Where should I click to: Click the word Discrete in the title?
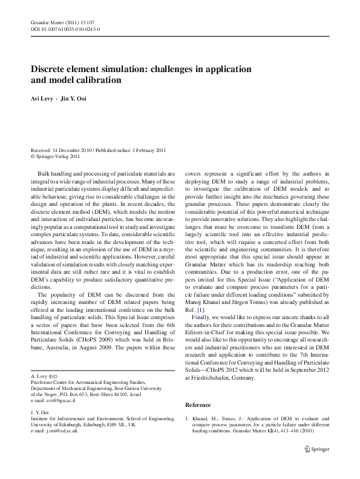tap(53, 69)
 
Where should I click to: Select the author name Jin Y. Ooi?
tap(74, 99)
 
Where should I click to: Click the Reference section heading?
tap(198, 388)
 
